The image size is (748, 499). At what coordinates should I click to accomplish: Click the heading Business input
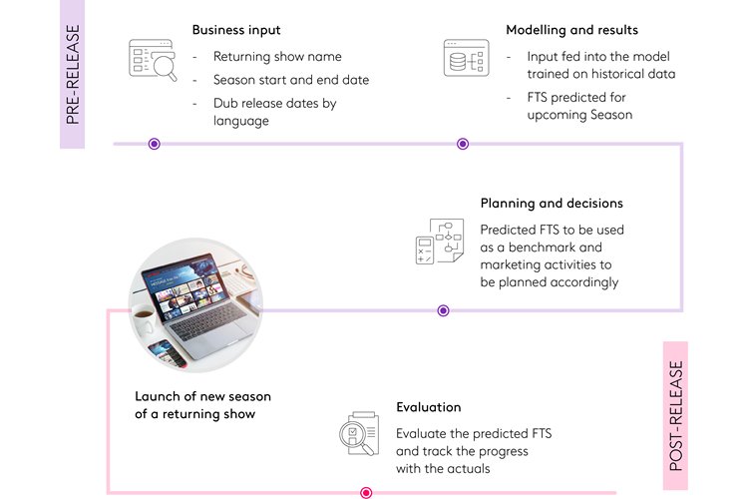point(236,30)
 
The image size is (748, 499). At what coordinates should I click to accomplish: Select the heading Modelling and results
point(571,30)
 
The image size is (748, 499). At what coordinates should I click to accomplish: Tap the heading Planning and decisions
point(552,204)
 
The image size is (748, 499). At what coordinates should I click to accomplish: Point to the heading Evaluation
point(428,407)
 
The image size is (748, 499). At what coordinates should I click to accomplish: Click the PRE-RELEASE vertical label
point(72,75)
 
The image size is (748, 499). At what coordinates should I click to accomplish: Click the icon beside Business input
point(153,59)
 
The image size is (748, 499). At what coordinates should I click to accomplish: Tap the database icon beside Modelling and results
point(466,58)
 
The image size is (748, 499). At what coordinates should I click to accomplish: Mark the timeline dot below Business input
point(154,144)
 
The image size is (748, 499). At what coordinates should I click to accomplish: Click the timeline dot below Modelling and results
point(463,144)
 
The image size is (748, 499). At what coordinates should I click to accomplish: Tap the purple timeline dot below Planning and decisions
point(443,310)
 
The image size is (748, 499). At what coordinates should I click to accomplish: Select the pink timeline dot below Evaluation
point(366,492)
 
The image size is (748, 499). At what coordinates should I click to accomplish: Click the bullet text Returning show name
point(276,57)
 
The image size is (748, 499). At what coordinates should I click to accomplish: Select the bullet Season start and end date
point(287,80)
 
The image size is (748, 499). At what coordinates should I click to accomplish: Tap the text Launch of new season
point(202,396)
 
